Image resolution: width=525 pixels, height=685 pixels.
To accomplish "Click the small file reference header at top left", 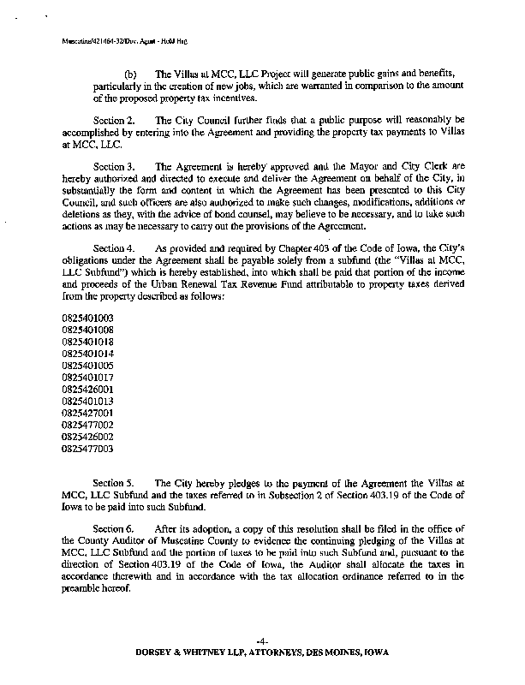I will pyautogui.click(x=125, y=40).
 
